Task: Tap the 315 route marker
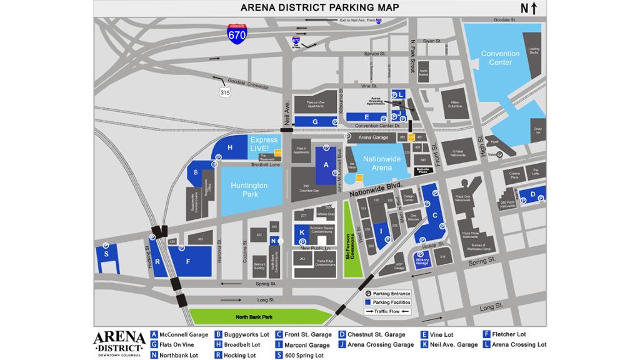(x=224, y=92)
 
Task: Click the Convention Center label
(x=500, y=58)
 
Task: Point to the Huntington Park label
(x=249, y=189)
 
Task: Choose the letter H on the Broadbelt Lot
(x=230, y=147)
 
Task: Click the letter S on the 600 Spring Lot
(x=106, y=254)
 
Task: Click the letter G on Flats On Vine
(x=316, y=121)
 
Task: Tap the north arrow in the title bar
(x=529, y=8)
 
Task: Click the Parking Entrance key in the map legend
(x=387, y=294)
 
